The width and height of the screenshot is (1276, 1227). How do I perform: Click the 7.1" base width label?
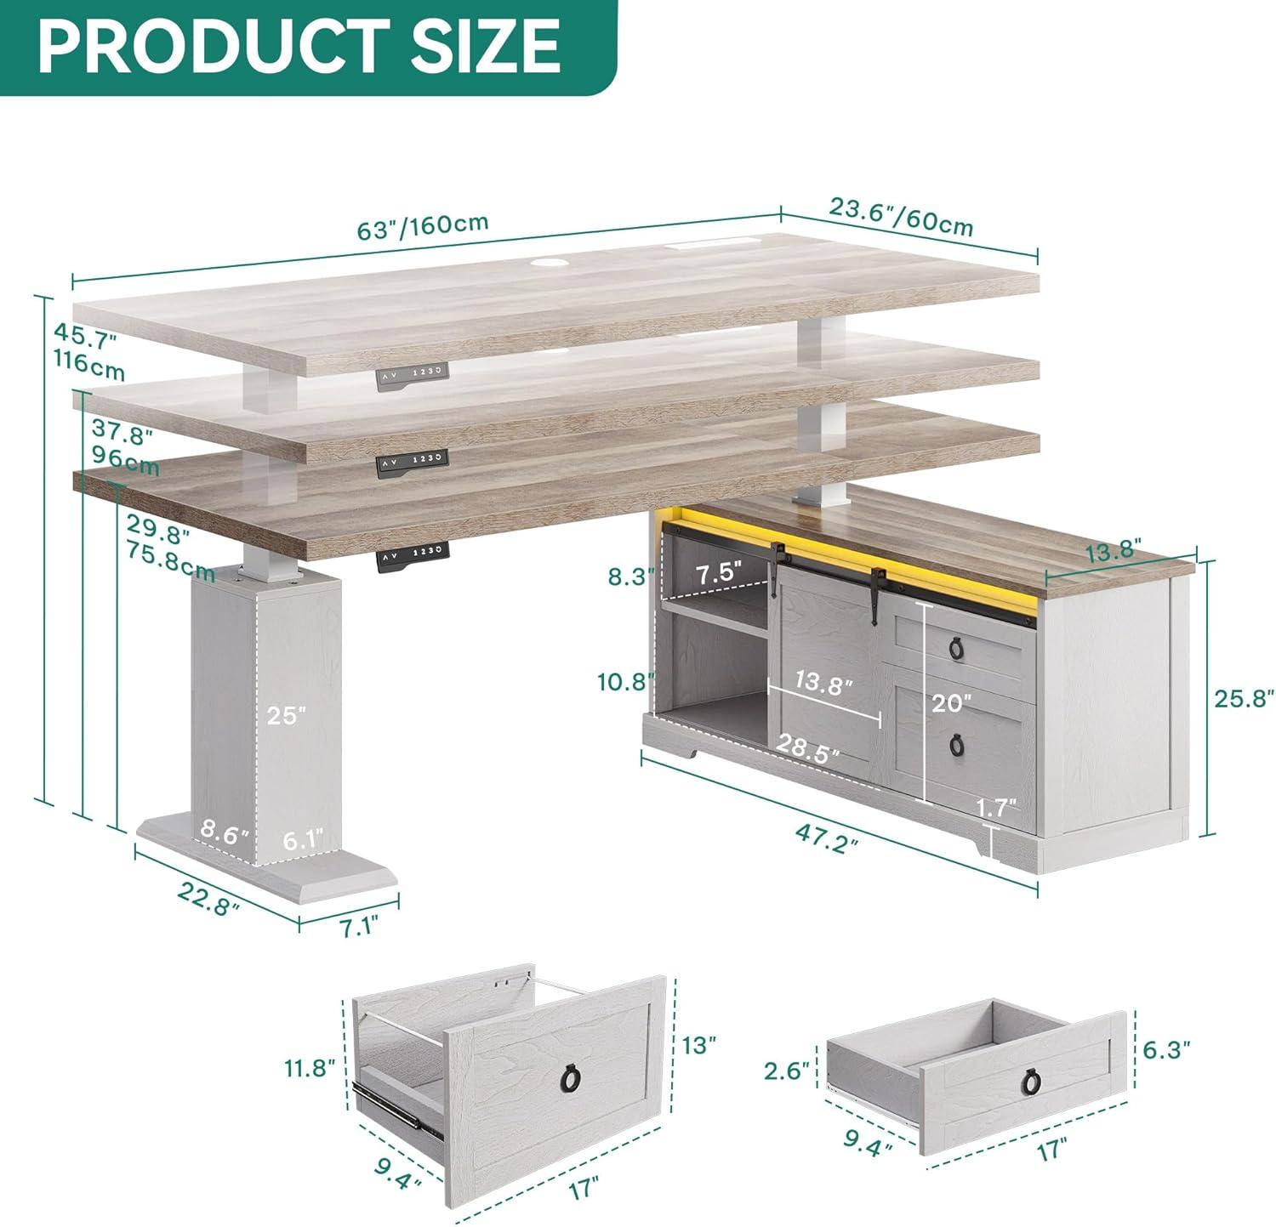pyautogui.click(x=358, y=924)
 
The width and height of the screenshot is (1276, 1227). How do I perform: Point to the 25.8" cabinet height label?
pyautogui.click(x=1244, y=698)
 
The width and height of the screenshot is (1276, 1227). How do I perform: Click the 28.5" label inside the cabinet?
pyautogui.click(x=807, y=748)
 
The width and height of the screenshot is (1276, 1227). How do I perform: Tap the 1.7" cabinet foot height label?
pyautogui.click(x=998, y=807)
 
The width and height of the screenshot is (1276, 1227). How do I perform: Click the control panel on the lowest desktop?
pyautogui.click(x=413, y=554)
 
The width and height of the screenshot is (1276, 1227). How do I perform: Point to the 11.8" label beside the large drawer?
pyautogui.click(x=310, y=1067)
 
